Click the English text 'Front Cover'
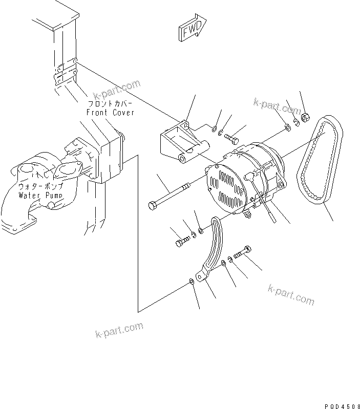pos(110,112)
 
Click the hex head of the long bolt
pos(152,206)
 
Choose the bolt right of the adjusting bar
pos(242,253)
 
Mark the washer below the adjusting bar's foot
pos(192,281)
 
